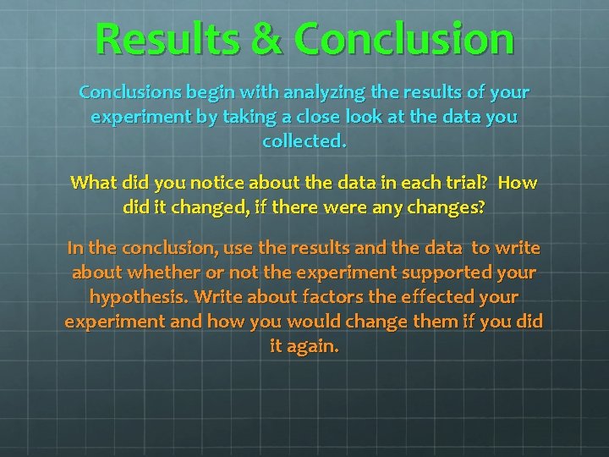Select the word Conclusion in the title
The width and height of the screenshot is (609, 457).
click(405, 39)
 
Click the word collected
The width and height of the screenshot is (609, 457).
click(304, 141)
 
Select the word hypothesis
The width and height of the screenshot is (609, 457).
click(138, 298)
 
